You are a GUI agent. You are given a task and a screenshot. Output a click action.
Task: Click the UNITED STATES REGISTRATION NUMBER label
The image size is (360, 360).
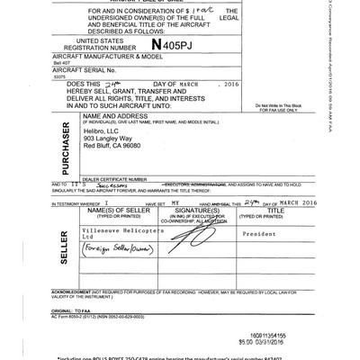(x=106, y=44)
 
